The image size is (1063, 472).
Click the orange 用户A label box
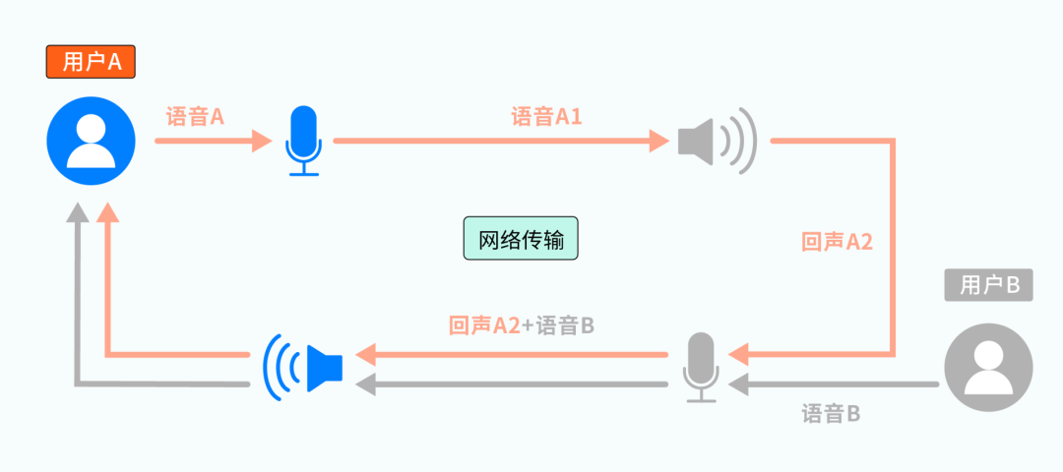pyautogui.click(x=91, y=62)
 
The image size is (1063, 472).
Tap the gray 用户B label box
pyautogui.click(x=988, y=285)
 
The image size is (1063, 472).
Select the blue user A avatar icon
pyautogui.click(x=92, y=141)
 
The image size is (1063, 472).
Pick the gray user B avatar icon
pyautogui.click(x=988, y=367)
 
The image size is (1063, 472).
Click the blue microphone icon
pyautogui.click(x=302, y=142)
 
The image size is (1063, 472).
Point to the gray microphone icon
pyautogui.click(x=701, y=367)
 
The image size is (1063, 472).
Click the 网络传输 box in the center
pyautogui.click(x=521, y=239)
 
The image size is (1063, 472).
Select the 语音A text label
pyautogui.click(x=196, y=117)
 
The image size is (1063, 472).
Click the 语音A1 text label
pyautogui.click(x=546, y=117)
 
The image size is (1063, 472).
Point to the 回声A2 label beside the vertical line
pyautogui.click(x=837, y=242)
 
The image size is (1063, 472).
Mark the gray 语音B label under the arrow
pyautogui.click(x=831, y=414)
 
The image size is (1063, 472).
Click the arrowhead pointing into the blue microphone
pyautogui.click(x=261, y=141)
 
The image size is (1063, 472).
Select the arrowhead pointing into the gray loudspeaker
pyautogui.click(x=659, y=141)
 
